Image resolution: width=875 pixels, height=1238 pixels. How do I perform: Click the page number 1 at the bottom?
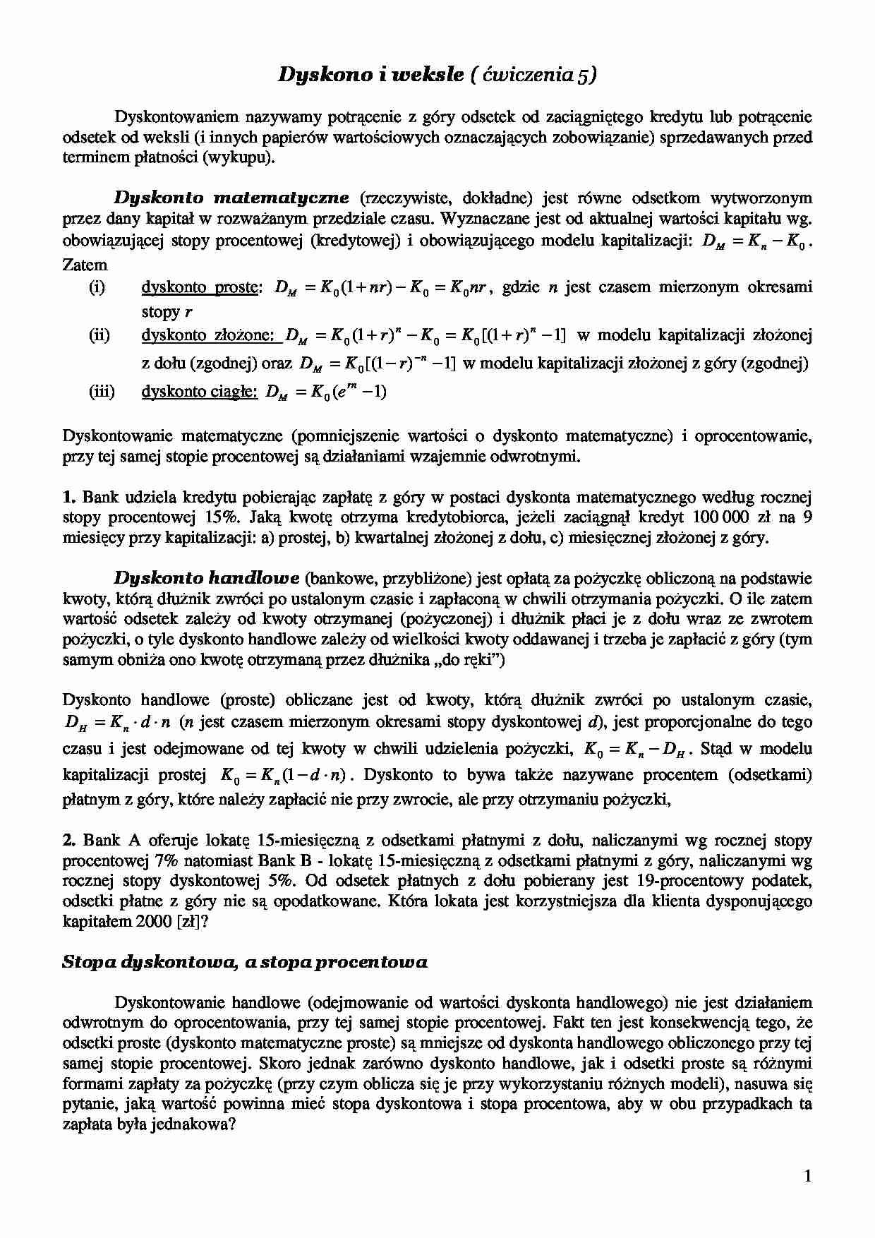[807, 1175]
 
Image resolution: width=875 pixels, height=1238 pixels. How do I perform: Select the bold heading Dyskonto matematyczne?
[232, 198]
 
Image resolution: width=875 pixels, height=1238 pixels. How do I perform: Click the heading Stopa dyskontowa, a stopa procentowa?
[245, 962]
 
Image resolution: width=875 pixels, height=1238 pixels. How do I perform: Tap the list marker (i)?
[97, 287]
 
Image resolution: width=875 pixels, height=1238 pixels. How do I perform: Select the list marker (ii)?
[99, 335]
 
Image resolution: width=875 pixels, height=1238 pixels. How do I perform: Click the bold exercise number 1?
[68, 497]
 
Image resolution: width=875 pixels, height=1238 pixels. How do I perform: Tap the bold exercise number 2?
[68, 841]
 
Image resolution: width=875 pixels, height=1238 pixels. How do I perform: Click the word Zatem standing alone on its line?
[85, 265]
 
